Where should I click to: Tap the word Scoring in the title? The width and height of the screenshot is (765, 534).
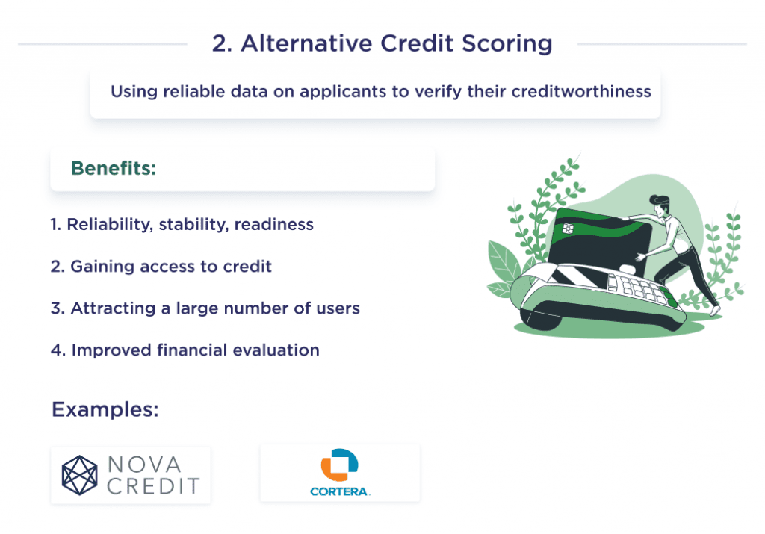[x=507, y=44]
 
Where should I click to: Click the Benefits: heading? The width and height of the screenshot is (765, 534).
[x=114, y=169]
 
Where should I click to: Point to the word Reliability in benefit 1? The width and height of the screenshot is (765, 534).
[x=109, y=225]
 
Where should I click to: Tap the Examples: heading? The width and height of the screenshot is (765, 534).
[x=105, y=410]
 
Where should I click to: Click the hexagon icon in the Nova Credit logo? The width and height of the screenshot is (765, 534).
[x=80, y=476]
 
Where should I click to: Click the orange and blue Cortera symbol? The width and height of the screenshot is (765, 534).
[x=339, y=465]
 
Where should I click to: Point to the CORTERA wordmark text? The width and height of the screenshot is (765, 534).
[x=340, y=491]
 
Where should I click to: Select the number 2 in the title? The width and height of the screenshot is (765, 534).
[x=218, y=44]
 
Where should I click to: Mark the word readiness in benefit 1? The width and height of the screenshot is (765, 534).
[x=273, y=225]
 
